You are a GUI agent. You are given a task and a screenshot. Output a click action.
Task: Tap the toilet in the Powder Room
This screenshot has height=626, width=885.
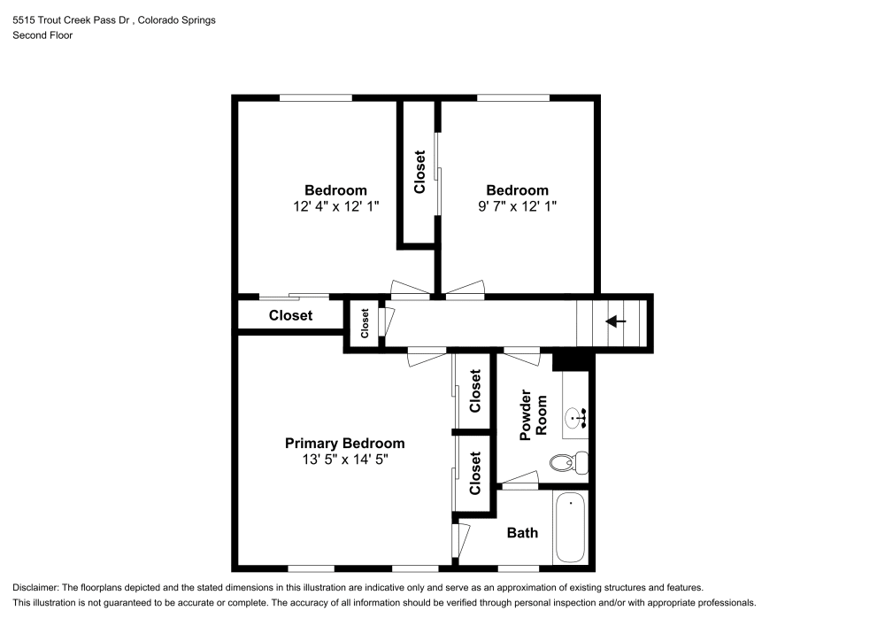(566, 461)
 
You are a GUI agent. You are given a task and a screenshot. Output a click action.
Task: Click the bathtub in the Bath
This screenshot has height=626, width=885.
(570, 528)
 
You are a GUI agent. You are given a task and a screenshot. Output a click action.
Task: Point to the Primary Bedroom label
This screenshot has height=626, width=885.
(344, 444)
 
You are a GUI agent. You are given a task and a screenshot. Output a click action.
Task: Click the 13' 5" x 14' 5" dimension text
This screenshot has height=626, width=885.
(344, 460)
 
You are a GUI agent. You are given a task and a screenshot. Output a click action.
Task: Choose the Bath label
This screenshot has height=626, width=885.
(522, 533)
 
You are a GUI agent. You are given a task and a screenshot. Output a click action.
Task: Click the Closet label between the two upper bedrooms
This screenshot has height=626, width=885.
(419, 172)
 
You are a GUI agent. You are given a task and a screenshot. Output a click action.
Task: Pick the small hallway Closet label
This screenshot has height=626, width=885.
(364, 323)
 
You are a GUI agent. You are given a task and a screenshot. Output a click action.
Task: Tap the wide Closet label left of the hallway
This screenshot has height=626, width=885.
(290, 315)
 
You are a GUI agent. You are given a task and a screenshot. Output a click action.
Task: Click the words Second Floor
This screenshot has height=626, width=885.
(42, 35)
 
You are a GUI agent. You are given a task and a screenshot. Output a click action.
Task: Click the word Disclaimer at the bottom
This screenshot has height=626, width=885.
(35, 588)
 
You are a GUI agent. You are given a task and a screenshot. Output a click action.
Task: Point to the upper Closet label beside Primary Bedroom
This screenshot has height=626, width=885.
(475, 390)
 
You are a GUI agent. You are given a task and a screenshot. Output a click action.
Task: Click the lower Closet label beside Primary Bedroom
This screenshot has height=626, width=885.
(475, 473)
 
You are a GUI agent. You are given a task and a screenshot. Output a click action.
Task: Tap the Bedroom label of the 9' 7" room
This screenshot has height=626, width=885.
(517, 190)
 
